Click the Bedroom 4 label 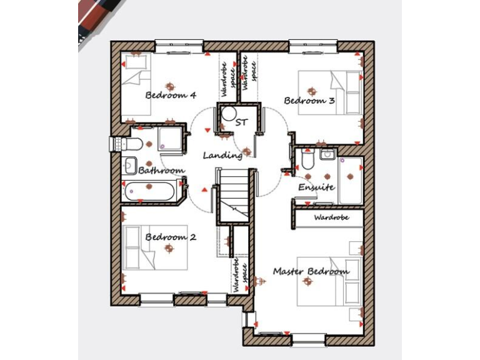171,95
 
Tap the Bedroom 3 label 309,101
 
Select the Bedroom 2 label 171,237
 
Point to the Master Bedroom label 311,272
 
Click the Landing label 222,155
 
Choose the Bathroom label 161,170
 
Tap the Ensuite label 316,187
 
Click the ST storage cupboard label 241,123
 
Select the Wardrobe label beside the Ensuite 331,218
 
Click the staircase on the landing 234,195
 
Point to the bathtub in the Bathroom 149,191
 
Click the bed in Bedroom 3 329,92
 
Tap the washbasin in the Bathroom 131,166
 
